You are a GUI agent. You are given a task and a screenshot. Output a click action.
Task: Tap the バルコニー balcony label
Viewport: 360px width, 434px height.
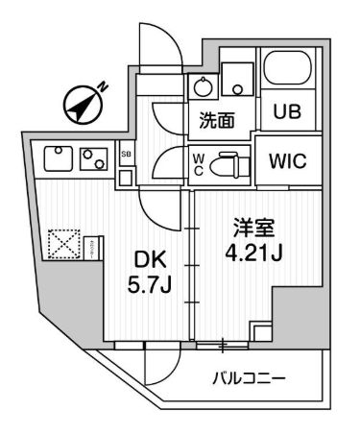249,379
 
